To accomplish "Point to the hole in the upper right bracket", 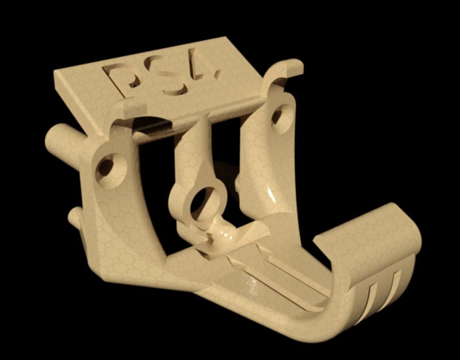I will [278, 114].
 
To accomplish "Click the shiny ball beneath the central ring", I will [220, 232].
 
